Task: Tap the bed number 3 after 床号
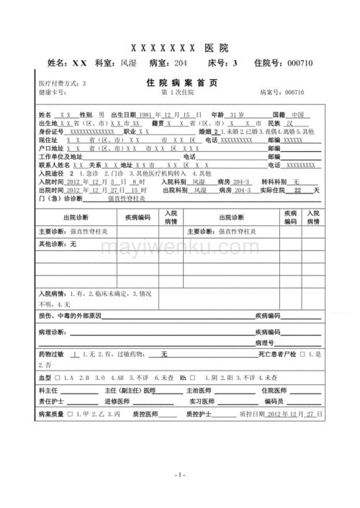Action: (x=235, y=63)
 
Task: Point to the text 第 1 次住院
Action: (x=177, y=93)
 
